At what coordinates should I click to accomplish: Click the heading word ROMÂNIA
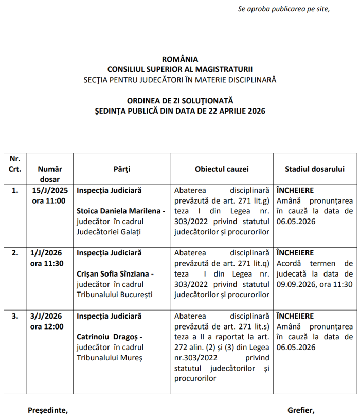coord(179,59)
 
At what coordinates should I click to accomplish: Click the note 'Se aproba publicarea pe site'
coord(283,9)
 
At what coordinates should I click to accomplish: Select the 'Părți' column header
coord(122,169)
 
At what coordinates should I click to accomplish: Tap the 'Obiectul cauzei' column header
coord(222,169)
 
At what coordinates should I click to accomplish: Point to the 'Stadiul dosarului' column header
coord(315,169)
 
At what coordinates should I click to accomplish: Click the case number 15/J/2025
coord(50,190)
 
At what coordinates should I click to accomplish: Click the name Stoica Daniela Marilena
coord(119,211)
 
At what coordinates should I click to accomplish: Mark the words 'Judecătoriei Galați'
coord(108,231)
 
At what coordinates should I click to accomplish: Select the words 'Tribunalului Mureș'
coord(109,357)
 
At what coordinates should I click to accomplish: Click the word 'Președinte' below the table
coord(47,410)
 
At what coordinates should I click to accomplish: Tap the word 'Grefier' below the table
coord(301,410)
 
